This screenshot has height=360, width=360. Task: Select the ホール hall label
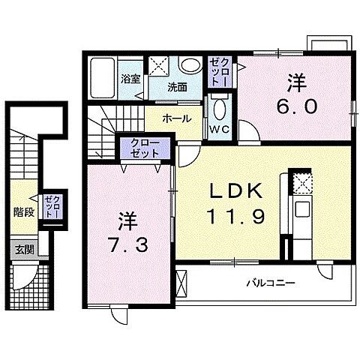(x=175, y=118)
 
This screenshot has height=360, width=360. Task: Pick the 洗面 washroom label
(x=177, y=87)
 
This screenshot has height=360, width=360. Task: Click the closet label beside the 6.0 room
(x=217, y=71)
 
